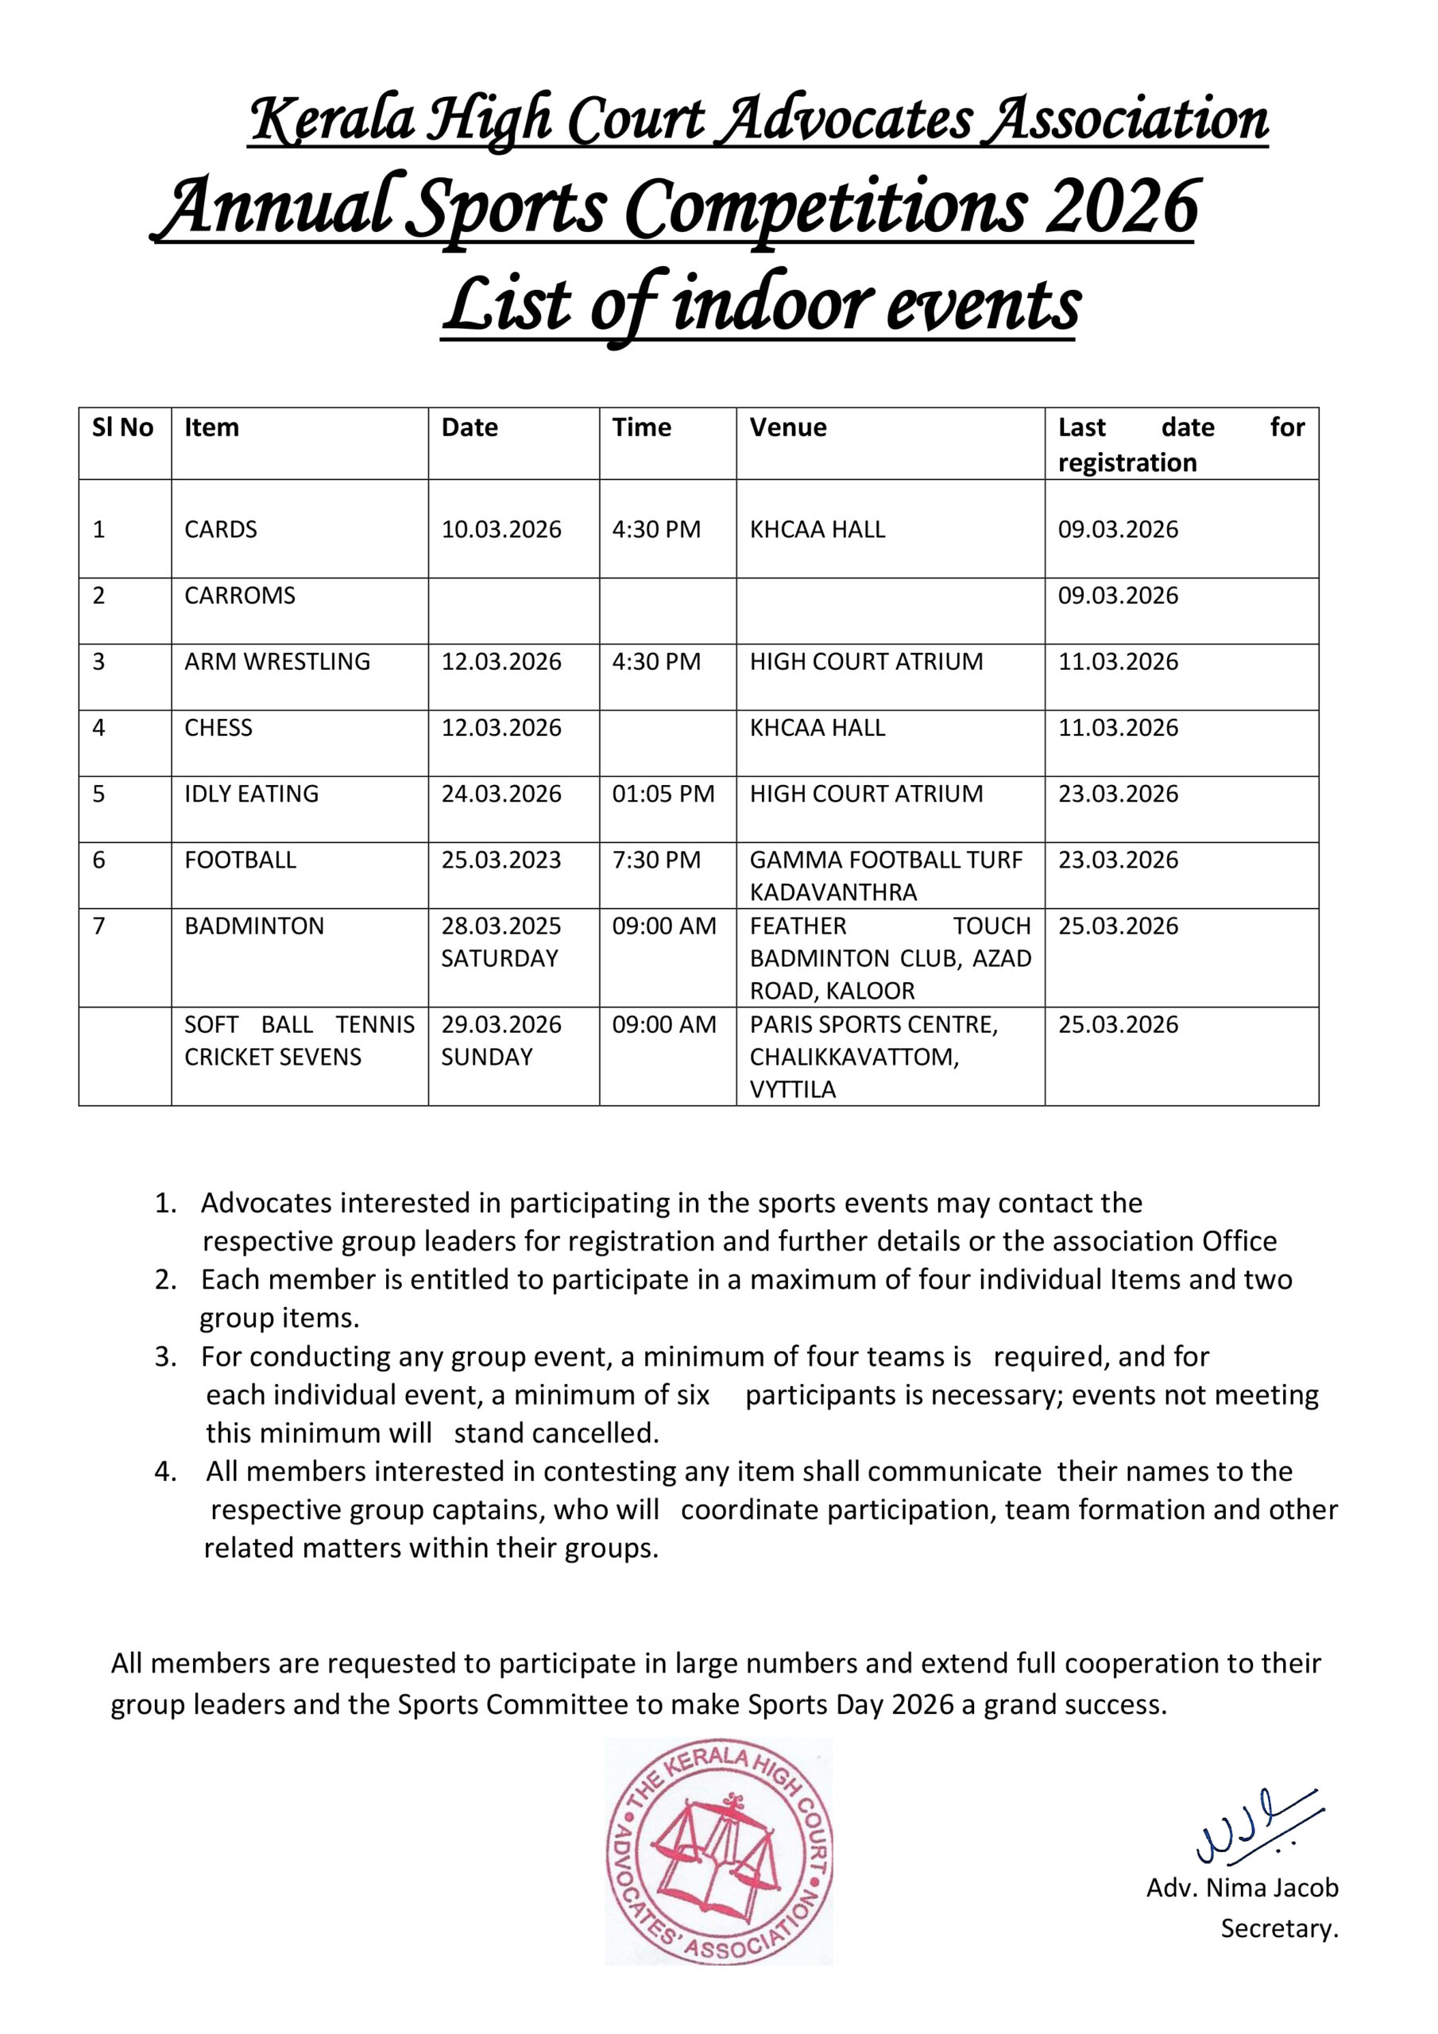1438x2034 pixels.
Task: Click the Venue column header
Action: pyautogui.click(x=787, y=428)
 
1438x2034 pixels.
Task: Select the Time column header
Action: pyautogui.click(x=641, y=428)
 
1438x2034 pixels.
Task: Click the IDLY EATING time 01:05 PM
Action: pyautogui.click(x=663, y=794)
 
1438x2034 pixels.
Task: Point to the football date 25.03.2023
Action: pyautogui.click(x=501, y=860)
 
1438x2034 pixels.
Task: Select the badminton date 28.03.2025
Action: pyautogui.click(x=501, y=926)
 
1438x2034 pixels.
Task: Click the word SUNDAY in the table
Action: pyautogui.click(x=486, y=1057)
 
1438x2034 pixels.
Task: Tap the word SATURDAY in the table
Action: pyautogui.click(x=499, y=958)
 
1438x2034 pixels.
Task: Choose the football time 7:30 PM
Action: pyautogui.click(x=655, y=860)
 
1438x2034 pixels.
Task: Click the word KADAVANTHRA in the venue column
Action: pyautogui.click(x=833, y=892)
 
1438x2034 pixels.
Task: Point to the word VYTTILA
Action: pyautogui.click(x=792, y=1089)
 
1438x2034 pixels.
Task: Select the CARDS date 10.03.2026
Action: pyautogui.click(x=501, y=530)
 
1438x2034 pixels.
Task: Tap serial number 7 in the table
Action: pyautogui.click(x=99, y=926)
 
